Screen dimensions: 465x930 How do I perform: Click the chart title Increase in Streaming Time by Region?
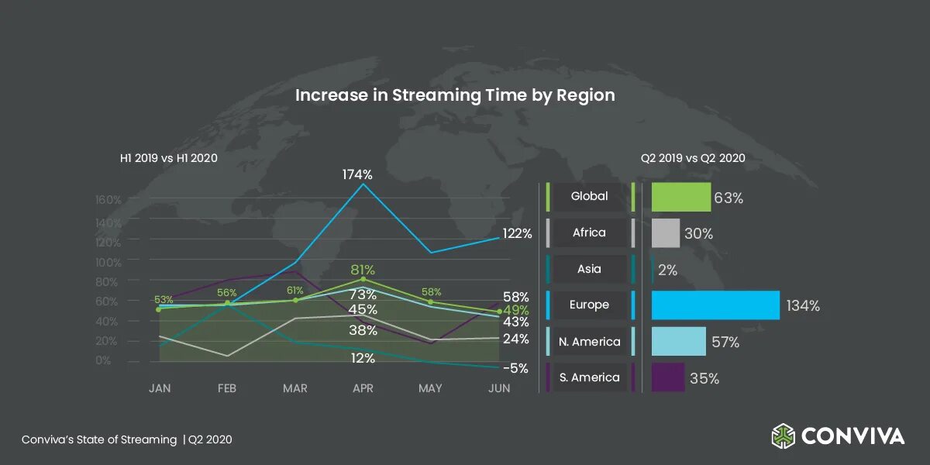click(x=455, y=95)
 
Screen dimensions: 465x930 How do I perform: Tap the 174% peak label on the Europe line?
click(x=357, y=175)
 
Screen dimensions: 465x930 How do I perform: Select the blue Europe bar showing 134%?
click(x=715, y=305)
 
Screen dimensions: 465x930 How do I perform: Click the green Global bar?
click(x=681, y=197)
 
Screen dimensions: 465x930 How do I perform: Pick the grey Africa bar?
click(x=666, y=233)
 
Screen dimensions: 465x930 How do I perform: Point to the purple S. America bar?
click(x=668, y=377)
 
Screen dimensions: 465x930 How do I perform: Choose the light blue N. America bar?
click(x=678, y=342)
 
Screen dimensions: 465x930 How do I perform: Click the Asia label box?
click(x=589, y=269)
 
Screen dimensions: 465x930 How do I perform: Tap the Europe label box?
click(x=589, y=305)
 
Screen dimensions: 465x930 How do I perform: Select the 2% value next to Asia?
click(x=668, y=270)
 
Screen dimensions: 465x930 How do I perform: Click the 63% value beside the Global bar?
click(x=728, y=198)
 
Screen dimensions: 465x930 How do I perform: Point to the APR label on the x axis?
click(x=363, y=388)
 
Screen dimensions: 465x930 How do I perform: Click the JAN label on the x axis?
click(x=160, y=388)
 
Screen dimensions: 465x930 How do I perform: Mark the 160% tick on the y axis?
click(x=108, y=200)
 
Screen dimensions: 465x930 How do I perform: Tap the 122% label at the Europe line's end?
click(x=516, y=233)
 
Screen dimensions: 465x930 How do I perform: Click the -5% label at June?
click(x=515, y=369)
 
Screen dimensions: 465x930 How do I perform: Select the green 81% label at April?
click(x=363, y=270)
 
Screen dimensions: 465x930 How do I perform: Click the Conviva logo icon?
click(x=783, y=436)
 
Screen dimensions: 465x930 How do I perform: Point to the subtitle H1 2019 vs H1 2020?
click(x=168, y=158)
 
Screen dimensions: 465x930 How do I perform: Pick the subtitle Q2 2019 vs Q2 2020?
click(x=693, y=158)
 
